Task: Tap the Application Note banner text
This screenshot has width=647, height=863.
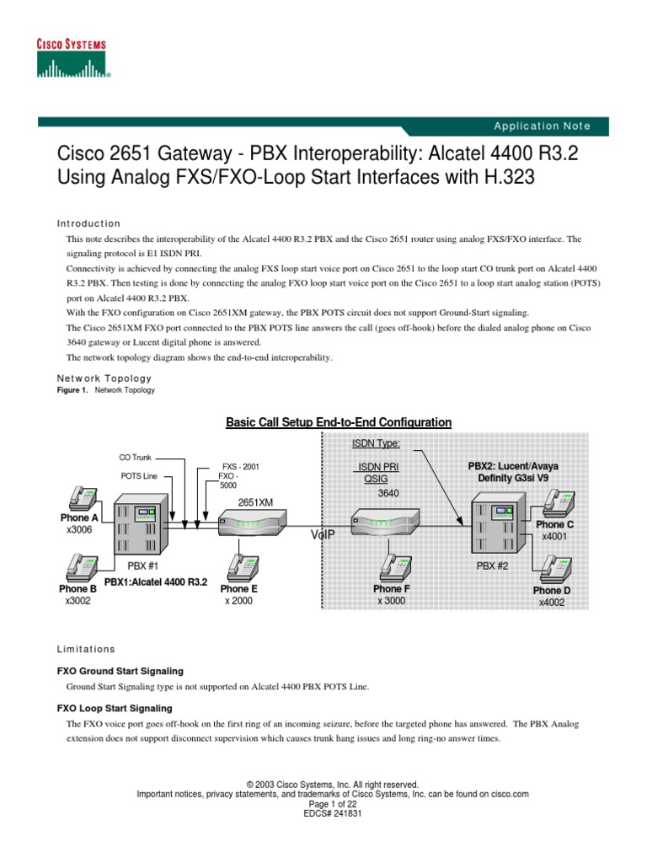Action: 542,126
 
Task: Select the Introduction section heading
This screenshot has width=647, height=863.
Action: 88,223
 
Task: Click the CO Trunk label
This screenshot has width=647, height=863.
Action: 136,458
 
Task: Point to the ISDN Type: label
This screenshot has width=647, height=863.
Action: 376,443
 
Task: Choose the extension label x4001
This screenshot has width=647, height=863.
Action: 554,537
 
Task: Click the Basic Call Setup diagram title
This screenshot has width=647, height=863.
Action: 339,422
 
